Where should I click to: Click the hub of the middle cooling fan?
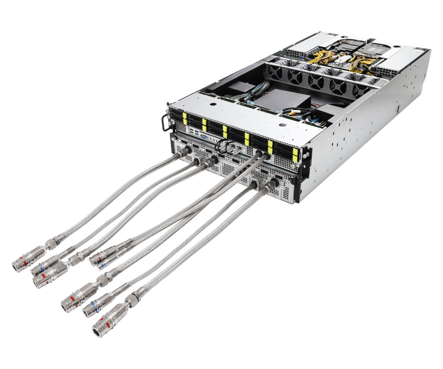point(316,82)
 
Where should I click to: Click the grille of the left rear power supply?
point(296,53)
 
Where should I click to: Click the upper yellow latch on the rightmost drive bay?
point(295,152)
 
